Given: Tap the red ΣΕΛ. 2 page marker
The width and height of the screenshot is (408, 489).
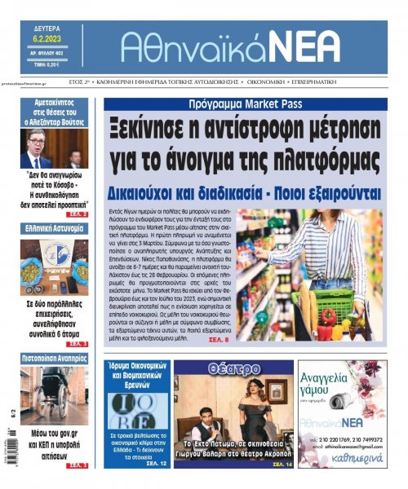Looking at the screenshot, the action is [78, 214].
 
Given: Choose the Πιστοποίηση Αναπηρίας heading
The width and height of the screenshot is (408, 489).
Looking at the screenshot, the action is [54, 359].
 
